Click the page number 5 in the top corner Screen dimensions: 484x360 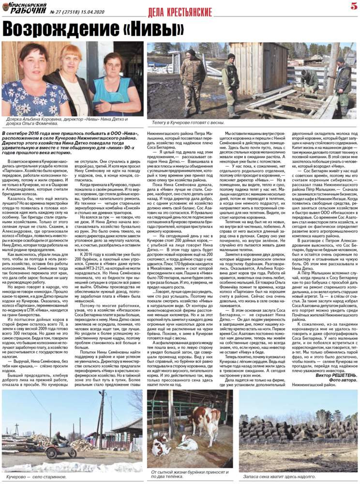coord(353,6)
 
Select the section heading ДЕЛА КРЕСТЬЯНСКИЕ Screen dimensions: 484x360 coord(180,12)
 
